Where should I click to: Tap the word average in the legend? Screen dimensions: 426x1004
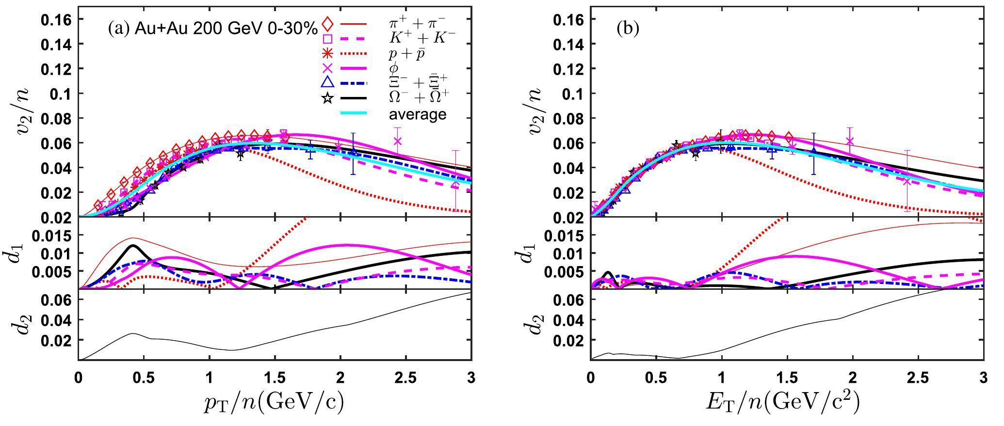coord(418,114)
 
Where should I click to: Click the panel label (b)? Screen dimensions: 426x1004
coord(628,29)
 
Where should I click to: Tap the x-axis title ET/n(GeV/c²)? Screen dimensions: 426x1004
coord(786,403)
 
